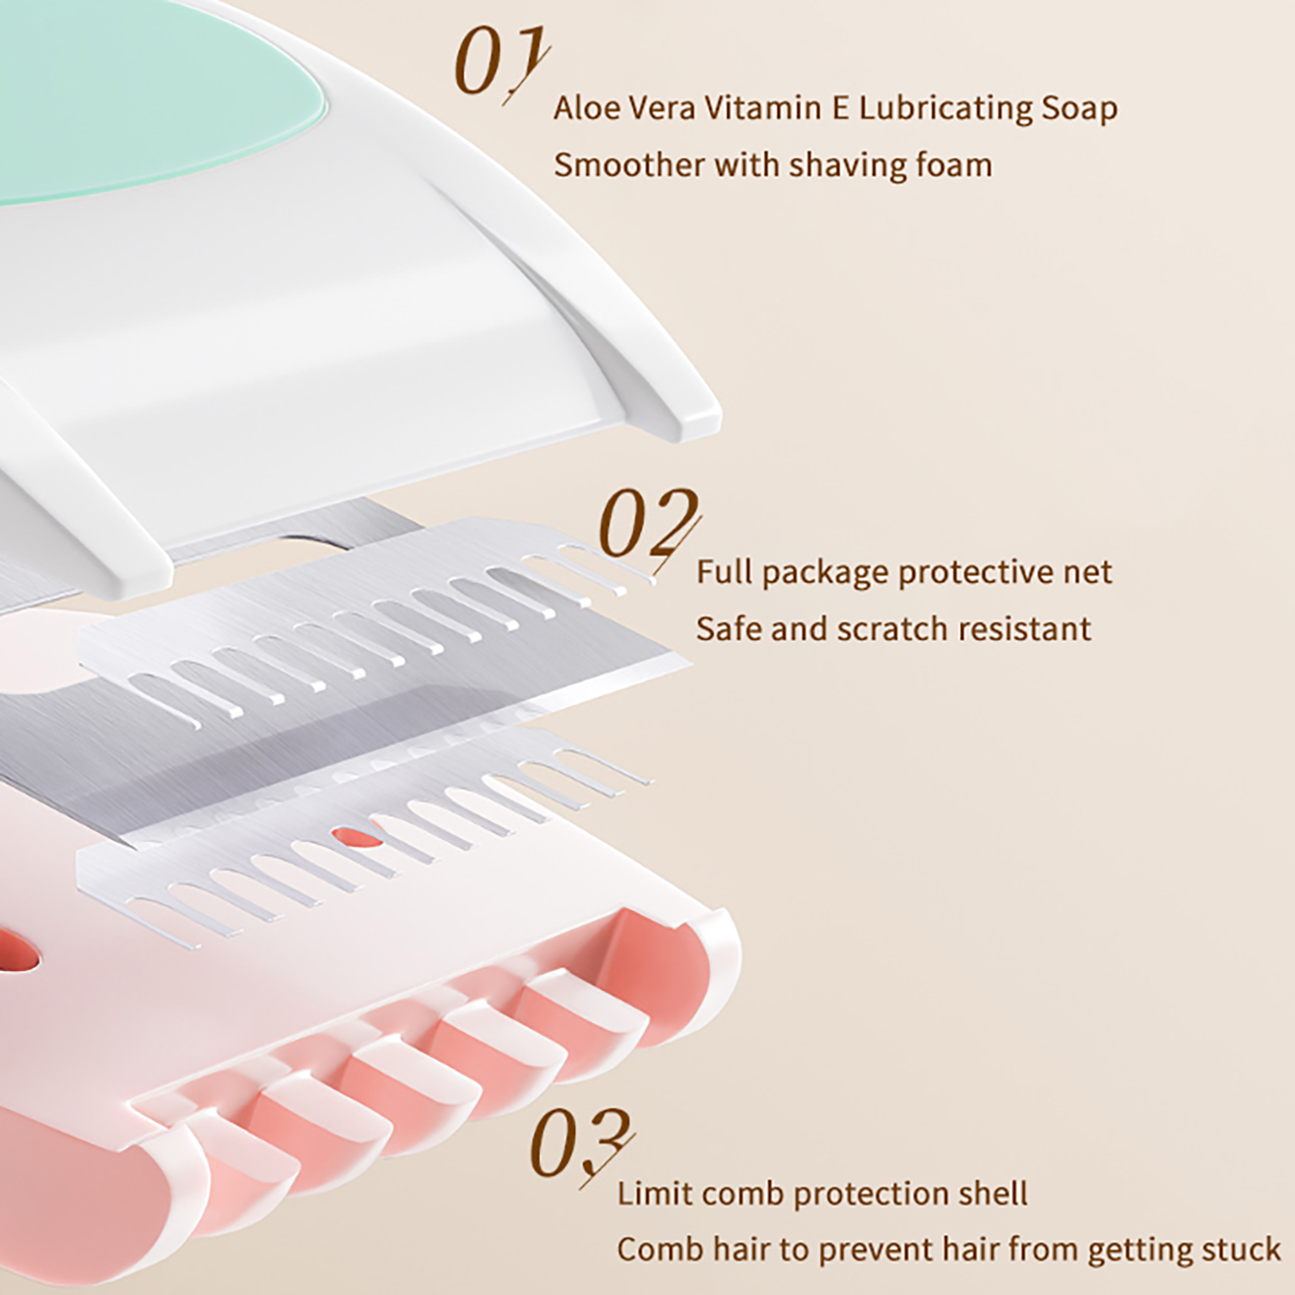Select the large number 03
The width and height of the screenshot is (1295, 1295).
579,1146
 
